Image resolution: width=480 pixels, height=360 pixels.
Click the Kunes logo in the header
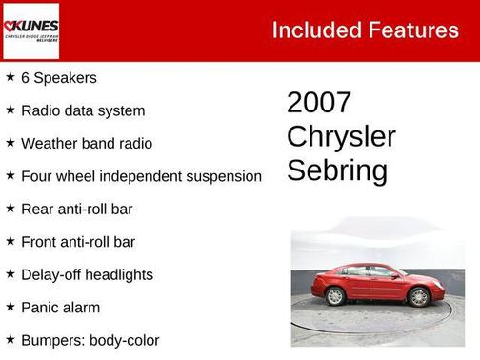(x=31, y=30)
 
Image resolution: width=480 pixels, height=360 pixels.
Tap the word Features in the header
(x=412, y=30)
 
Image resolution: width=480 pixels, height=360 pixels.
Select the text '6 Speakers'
(x=58, y=78)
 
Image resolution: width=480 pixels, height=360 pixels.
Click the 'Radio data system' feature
(x=83, y=110)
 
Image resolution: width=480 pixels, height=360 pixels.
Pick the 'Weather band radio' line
(x=87, y=143)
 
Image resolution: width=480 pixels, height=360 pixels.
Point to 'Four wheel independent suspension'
(x=141, y=176)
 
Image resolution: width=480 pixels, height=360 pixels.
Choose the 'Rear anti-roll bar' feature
(x=77, y=209)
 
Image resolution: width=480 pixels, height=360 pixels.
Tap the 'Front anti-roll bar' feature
(x=78, y=242)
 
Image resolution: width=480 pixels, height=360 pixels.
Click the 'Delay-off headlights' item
(x=87, y=274)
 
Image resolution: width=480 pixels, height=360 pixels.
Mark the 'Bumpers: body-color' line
(x=90, y=340)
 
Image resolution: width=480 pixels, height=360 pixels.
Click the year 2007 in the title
(x=319, y=103)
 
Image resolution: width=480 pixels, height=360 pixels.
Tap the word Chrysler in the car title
(x=341, y=136)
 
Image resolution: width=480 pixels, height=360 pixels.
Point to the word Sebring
(x=337, y=170)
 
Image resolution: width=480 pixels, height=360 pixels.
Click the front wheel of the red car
(x=418, y=296)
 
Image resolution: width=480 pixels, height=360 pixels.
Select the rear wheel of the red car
(x=334, y=296)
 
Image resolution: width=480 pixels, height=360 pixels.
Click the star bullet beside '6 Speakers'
(x=10, y=77)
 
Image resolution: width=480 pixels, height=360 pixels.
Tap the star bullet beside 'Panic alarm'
(x=10, y=307)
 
